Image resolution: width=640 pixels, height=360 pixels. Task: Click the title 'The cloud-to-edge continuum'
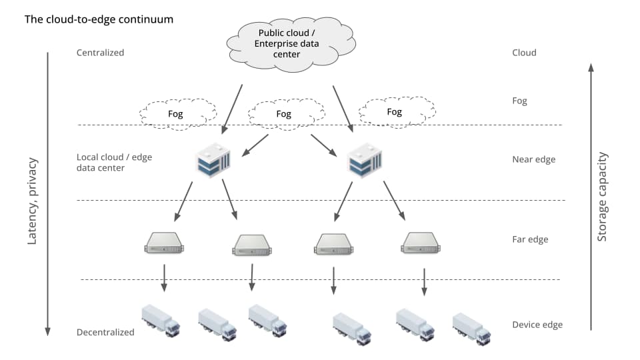[x=99, y=19]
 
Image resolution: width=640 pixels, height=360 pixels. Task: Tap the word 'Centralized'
[x=100, y=53]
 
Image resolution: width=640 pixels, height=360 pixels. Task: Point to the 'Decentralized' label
[x=105, y=332]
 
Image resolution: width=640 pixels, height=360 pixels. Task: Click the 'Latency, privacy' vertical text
[x=33, y=201]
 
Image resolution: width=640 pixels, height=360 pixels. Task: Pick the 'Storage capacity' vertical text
[x=602, y=197]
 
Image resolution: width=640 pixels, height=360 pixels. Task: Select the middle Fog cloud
[x=285, y=114]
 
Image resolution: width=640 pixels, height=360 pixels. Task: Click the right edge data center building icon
[x=363, y=160]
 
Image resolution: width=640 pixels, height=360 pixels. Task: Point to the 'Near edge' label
[x=533, y=159]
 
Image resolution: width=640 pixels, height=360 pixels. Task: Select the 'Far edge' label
[x=529, y=239]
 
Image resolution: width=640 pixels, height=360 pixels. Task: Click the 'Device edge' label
[x=537, y=325]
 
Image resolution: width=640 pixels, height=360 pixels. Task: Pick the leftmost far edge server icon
[x=164, y=243]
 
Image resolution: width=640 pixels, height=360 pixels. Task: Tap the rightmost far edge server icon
[x=421, y=243]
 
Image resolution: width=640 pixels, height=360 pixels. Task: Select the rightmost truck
[x=471, y=329]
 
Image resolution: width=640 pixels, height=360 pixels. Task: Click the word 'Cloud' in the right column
[x=524, y=53]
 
